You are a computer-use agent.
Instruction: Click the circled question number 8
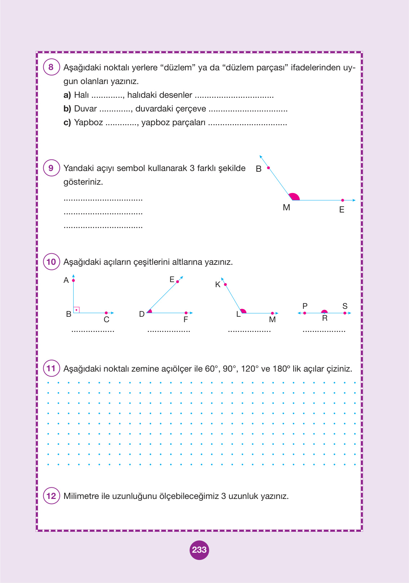click(51, 67)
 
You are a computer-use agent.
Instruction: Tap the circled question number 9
click(51, 168)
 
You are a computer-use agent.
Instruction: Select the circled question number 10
click(51, 262)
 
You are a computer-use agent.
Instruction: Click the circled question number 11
click(51, 368)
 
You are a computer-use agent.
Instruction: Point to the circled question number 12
click(51, 496)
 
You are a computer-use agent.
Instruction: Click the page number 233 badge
click(199, 550)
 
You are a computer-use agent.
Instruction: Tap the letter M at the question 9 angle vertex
click(286, 207)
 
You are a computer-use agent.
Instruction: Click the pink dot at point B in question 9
click(268, 168)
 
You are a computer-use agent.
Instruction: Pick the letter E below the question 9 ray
click(342, 210)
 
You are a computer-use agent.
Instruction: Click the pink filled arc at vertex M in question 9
click(295, 197)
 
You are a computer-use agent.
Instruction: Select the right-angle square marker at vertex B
click(76, 310)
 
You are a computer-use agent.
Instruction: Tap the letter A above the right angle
click(66, 280)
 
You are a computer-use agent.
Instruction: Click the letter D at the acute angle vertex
click(142, 314)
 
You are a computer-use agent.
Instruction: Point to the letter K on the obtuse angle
click(217, 285)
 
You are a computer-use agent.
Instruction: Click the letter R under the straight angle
click(325, 318)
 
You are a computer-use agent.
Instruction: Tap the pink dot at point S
click(345, 313)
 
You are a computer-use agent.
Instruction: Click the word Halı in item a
click(81, 95)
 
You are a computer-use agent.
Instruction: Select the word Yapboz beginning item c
click(88, 123)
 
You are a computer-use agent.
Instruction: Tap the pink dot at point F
click(186, 313)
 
